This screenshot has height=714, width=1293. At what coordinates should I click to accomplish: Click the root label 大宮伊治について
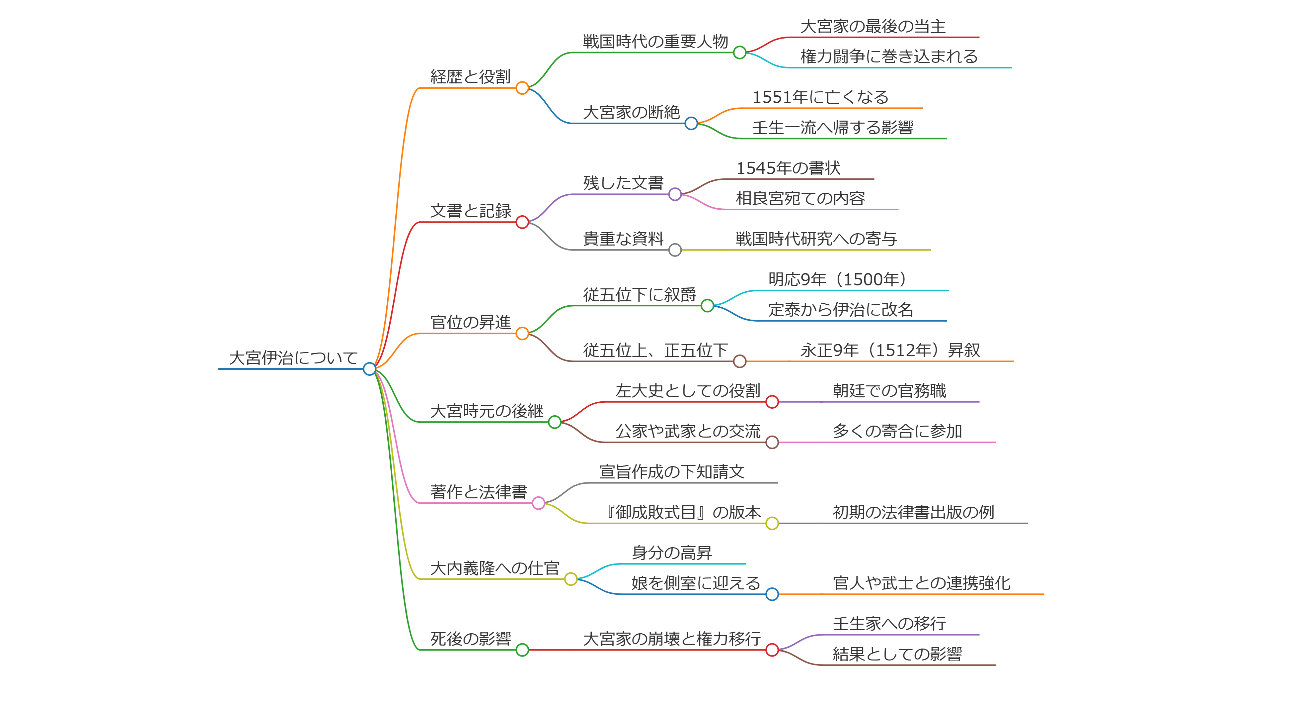point(293,358)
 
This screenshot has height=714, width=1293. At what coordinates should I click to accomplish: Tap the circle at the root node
point(369,369)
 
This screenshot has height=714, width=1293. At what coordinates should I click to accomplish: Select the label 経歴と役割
point(470,76)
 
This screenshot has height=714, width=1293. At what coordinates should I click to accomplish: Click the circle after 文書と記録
point(522,222)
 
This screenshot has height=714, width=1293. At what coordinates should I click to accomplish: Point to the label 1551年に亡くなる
point(820,97)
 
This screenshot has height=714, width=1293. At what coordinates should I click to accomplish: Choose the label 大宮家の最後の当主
point(873,26)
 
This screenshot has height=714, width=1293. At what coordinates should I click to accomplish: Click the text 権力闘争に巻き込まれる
point(889,56)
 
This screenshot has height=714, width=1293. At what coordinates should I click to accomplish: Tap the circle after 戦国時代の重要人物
point(739,52)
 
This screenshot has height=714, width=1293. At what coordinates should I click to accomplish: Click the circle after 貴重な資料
point(675,250)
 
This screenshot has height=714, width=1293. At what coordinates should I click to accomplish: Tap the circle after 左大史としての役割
point(772,402)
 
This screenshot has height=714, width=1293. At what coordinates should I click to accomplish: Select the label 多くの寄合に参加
point(897,431)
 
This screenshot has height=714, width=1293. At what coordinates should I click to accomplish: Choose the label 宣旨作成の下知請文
point(672,472)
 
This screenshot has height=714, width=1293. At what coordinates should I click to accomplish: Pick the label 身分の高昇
point(672,553)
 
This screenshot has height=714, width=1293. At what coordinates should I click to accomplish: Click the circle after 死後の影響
point(522,650)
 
